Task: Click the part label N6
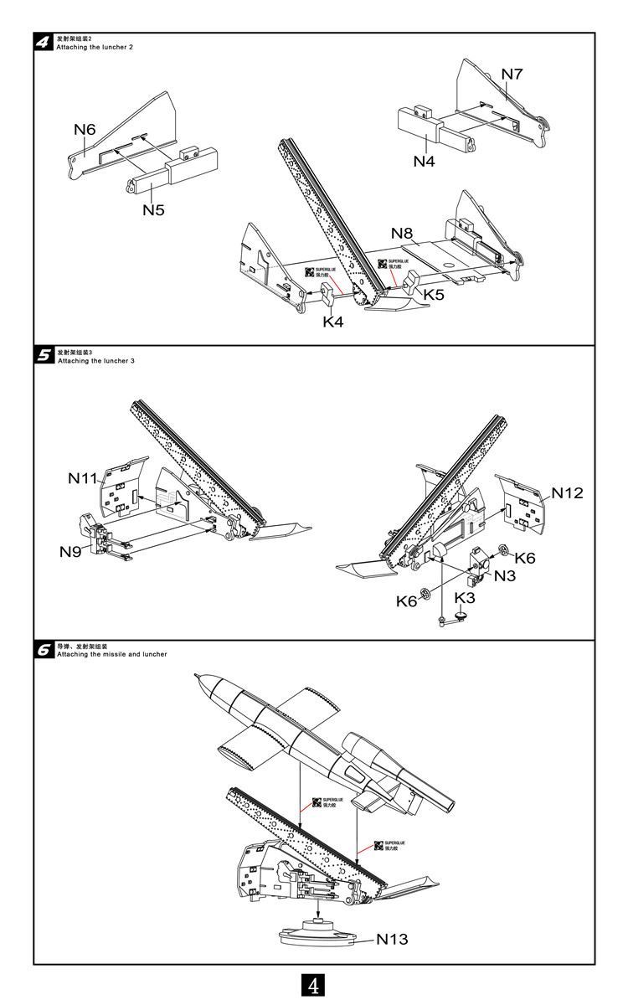click(x=85, y=129)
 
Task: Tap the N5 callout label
click(x=152, y=209)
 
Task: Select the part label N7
click(x=512, y=74)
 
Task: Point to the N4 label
click(x=425, y=161)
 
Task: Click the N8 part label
click(x=402, y=233)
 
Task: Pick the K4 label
click(x=333, y=322)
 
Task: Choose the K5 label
click(x=434, y=295)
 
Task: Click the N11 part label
click(x=83, y=478)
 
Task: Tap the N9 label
click(x=70, y=551)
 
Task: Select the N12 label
click(x=567, y=493)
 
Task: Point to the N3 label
click(x=504, y=575)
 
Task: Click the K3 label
click(x=464, y=598)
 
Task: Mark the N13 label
click(x=392, y=939)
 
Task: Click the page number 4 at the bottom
click(x=314, y=985)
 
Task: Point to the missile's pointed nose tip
click(x=194, y=675)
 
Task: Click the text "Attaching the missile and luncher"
click(x=111, y=654)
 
